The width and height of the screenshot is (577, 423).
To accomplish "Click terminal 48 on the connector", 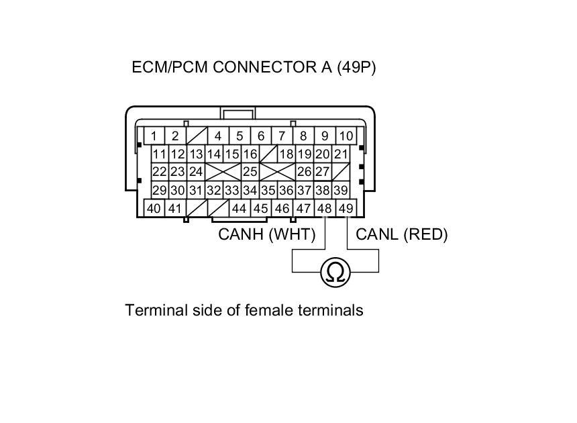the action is coord(325,208).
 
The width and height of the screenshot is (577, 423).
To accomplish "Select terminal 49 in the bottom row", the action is coord(346,208).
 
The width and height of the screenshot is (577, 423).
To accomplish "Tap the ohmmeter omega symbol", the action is coord(335,272).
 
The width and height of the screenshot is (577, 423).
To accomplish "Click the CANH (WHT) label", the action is coord(258,234).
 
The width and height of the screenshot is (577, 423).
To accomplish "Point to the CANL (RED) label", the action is coord(401,234).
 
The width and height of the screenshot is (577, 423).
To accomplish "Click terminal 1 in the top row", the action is coord(154,136).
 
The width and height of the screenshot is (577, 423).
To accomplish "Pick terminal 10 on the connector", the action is coord(346,136).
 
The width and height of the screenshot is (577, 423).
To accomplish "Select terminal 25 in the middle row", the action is coord(250,172).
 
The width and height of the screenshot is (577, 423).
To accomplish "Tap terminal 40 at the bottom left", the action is coord(154,208).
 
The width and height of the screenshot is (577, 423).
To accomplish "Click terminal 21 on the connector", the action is coord(341,154).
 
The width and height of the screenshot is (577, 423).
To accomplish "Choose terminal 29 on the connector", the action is coord(159,190).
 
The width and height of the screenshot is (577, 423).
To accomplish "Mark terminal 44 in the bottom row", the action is coord(239,208).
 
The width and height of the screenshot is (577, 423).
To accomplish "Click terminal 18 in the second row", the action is coord(286,154).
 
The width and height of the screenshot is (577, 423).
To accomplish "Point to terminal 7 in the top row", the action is coord(282,136).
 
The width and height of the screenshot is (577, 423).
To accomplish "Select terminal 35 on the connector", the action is coord(268,190).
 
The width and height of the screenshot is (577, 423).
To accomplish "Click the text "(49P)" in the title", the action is coord(356,68).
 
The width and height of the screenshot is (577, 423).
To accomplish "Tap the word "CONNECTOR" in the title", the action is coord(257,68).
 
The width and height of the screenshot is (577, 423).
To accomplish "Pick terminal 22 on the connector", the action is coord(159,172).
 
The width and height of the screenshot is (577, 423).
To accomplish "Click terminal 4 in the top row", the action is coord(217,136).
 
